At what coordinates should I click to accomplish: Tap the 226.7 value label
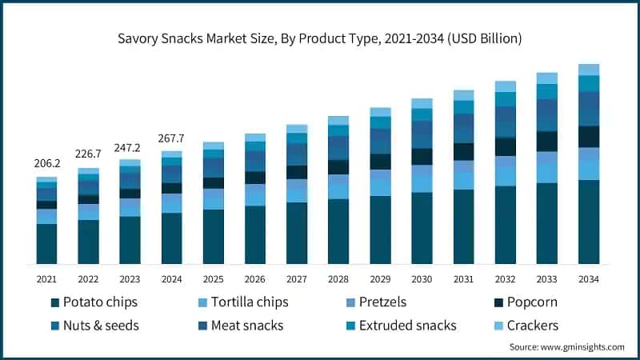pyautogui.click(x=88, y=154)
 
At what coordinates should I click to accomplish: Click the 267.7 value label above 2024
pyautogui.click(x=171, y=138)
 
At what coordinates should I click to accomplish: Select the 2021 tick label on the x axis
pyautogui.click(x=46, y=278)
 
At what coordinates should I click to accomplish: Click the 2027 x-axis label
pyautogui.click(x=297, y=278)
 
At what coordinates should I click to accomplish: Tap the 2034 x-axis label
pyautogui.click(x=589, y=278)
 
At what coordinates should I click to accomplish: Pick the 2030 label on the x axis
pyautogui.click(x=422, y=278)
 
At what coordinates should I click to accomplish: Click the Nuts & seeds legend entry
pyautogui.click(x=94, y=326)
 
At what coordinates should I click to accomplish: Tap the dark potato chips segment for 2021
pyautogui.click(x=46, y=244)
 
